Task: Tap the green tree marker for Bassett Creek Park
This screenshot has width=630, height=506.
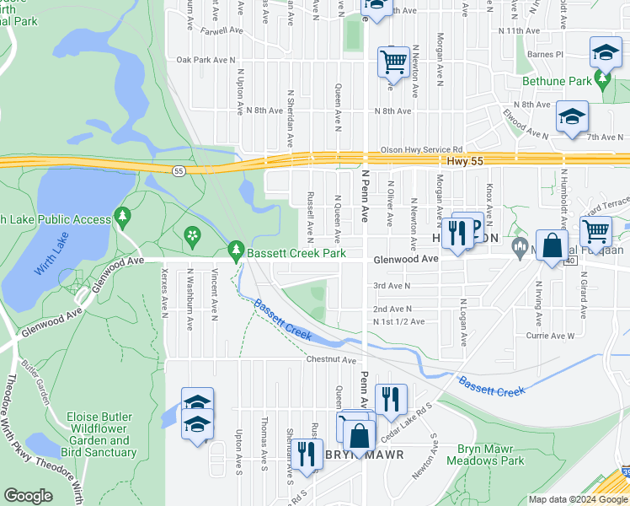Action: (237, 250)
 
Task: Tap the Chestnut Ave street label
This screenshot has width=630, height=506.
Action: (333, 359)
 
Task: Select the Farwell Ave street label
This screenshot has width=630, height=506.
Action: (223, 30)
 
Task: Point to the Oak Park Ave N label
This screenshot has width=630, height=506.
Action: (206, 60)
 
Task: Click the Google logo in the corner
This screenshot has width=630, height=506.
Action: (28, 496)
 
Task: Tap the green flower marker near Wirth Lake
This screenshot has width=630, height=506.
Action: (193, 235)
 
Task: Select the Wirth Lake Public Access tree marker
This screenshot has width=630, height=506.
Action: (123, 218)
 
